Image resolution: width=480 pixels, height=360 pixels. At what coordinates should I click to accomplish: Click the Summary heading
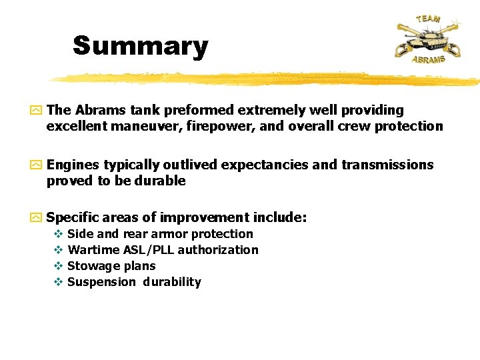(140, 46)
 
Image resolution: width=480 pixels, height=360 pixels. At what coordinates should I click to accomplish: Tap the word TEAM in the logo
(428, 18)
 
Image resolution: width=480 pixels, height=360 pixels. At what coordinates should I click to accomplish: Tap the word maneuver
(147, 126)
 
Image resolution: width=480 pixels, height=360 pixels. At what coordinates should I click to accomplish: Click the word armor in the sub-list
(169, 234)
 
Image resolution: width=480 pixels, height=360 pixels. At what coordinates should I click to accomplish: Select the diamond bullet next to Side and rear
(58, 234)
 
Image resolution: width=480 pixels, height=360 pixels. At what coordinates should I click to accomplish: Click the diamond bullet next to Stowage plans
(58, 266)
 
